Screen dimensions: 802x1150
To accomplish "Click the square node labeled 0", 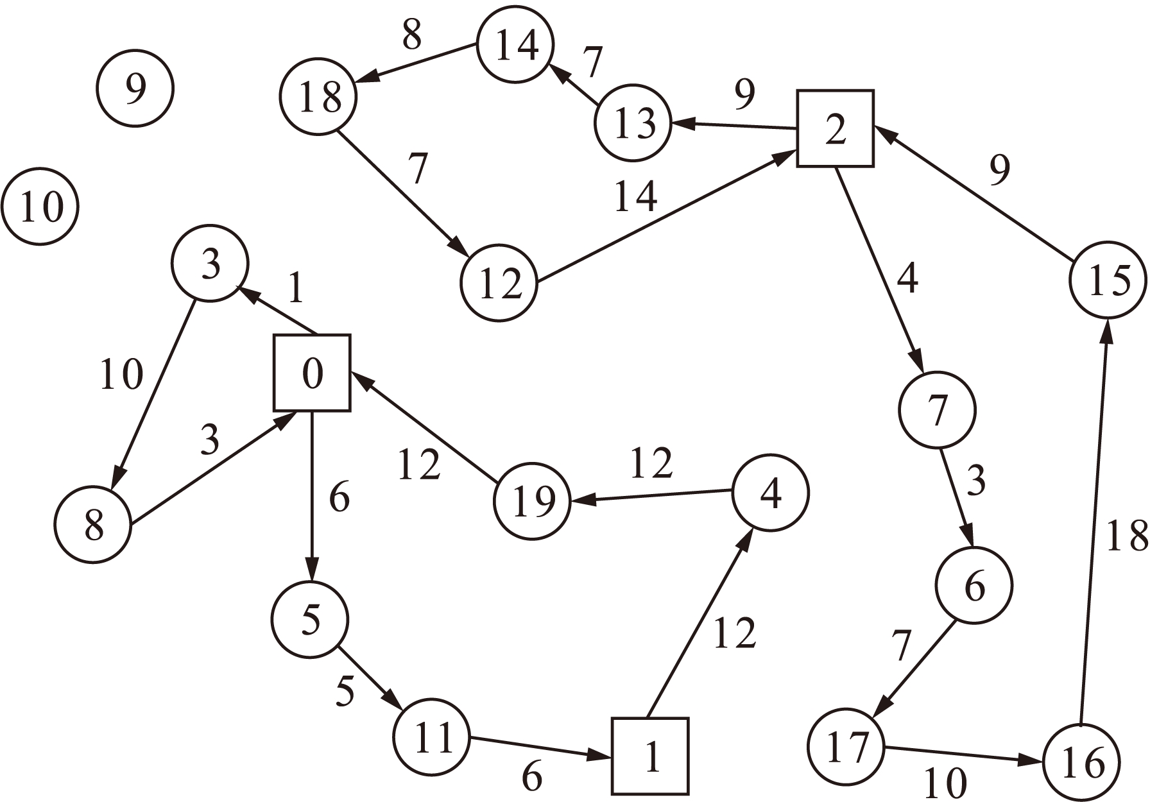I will [312, 373].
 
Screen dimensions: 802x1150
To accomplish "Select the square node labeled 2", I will [835, 129].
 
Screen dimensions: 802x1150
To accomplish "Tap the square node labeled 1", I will [650, 756].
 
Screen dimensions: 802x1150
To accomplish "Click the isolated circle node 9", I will [135, 89].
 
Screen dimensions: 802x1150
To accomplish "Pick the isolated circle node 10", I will [40, 207].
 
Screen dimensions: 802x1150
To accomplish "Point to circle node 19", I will [532, 501].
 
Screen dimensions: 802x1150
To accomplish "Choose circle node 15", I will [1108, 280].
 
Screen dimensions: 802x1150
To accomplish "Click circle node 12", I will [499, 282].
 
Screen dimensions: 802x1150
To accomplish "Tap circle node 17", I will [846, 747].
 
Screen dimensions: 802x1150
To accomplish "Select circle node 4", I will [770, 493].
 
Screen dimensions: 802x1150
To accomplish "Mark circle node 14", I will [515, 45].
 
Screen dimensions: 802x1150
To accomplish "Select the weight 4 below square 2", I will [907, 278].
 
